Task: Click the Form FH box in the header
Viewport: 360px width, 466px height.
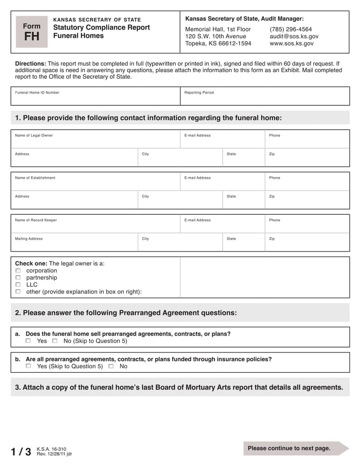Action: [31, 32]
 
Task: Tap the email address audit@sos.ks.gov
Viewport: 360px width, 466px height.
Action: [294, 36]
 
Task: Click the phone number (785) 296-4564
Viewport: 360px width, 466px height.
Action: [291, 29]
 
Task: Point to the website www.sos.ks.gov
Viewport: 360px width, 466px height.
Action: [292, 44]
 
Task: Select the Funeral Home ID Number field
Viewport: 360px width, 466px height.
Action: [95, 96]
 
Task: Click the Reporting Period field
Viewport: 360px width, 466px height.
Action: [265, 96]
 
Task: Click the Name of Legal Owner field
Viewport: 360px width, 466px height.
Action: [95, 139]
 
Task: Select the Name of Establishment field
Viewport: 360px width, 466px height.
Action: [95, 181]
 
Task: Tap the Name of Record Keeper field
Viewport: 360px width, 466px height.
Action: [95, 224]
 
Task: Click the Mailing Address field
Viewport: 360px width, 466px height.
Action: [74, 242]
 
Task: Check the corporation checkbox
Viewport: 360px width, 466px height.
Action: [18, 271]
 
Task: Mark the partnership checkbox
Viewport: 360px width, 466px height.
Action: [18, 278]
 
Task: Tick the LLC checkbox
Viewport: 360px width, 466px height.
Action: [18, 285]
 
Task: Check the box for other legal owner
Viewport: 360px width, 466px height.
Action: [18, 292]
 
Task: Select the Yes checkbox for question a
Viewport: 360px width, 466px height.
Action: [28, 341]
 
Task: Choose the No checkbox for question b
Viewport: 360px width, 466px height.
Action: [111, 366]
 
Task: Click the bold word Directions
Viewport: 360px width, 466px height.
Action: [31, 63]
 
